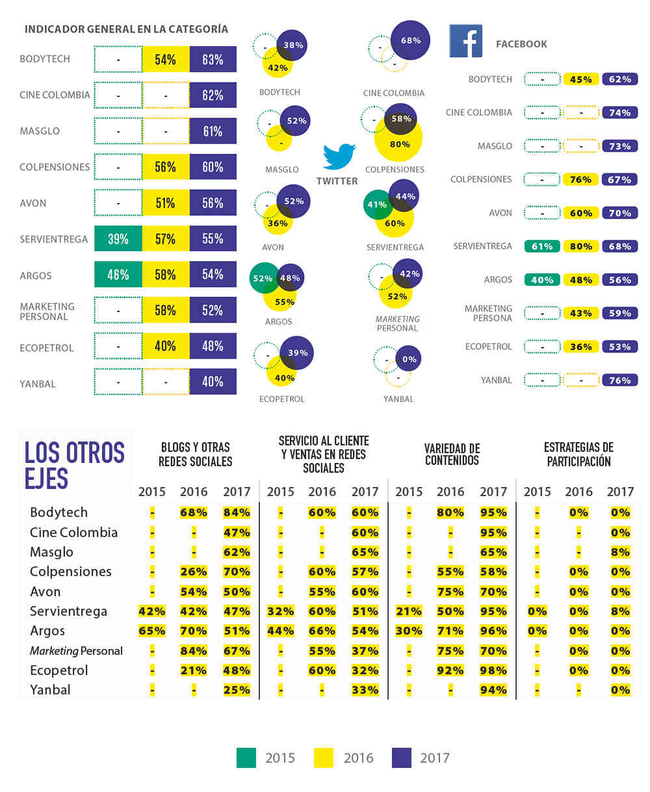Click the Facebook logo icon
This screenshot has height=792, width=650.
[465, 41]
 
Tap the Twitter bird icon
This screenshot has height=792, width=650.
[339, 157]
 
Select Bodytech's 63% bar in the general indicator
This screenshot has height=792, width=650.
[213, 60]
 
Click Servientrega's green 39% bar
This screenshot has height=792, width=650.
[118, 239]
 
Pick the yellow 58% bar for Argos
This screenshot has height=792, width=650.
[165, 275]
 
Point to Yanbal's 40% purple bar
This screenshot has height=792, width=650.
[213, 382]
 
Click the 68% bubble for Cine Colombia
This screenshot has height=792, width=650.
[411, 40]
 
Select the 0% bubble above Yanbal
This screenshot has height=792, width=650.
[409, 360]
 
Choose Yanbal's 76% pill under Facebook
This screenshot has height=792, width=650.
[619, 380]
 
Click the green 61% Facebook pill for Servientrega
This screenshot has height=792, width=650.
[542, 246]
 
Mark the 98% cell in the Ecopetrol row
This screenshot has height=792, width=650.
[493, 670]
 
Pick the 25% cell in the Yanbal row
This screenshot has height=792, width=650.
[237, 690]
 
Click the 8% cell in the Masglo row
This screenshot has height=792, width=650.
[620, 552]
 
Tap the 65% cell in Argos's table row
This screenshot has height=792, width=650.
[151, 631]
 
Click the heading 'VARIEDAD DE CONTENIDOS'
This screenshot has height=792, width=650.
[452, 455]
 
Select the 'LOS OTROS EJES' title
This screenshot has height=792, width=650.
[75, 464]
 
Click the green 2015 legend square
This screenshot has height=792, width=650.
[246, 758]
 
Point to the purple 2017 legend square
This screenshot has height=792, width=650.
[402, 758]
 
